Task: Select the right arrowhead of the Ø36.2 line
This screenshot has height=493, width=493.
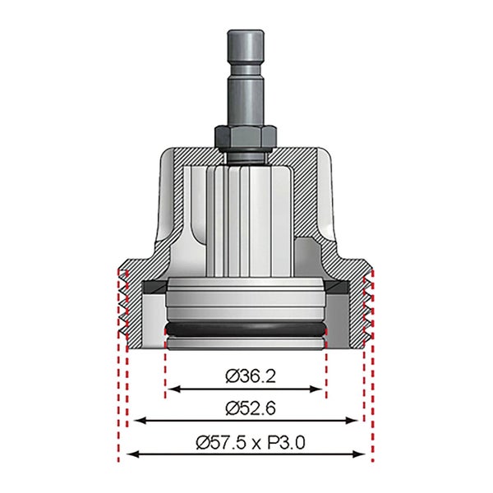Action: pyautogui.click(x=321, y=389)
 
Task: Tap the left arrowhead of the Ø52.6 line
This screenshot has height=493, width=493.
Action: pyautogui.click(x=139, y=421)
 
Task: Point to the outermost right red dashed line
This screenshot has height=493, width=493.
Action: pyautogui.click(x=375, y=394)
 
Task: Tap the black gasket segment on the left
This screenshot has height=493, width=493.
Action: pyautogui.click(x=153, y=287)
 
